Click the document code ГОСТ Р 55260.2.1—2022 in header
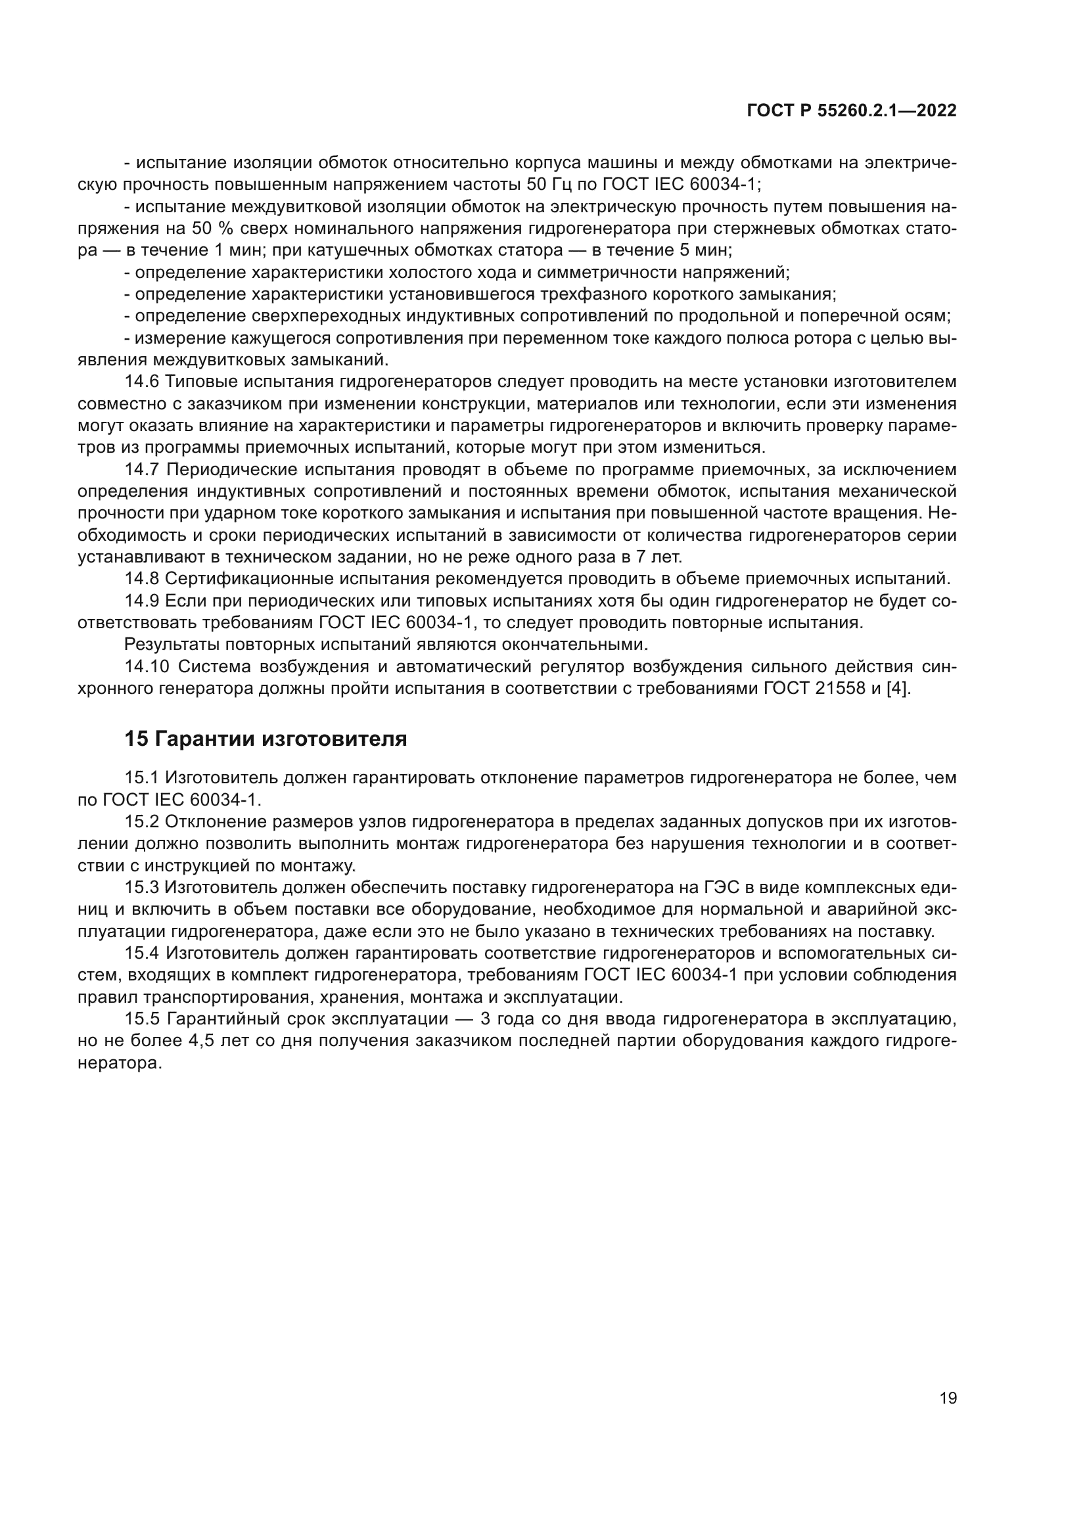[x=851, y=111]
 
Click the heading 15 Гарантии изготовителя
[x=266, y=739]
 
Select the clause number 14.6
[x=141, y=382]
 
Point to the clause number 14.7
[x=141, y=470]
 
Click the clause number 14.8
[x=141, y=578]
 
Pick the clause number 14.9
[x=141, y=601]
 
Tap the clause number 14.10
[x=147, y=666]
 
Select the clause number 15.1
[x=141, y=778]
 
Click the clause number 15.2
[x=141, y=821]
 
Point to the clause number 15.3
[x=141, y=888]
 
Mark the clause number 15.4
[x=141, y=953]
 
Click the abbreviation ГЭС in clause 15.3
[x=724, y=888]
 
